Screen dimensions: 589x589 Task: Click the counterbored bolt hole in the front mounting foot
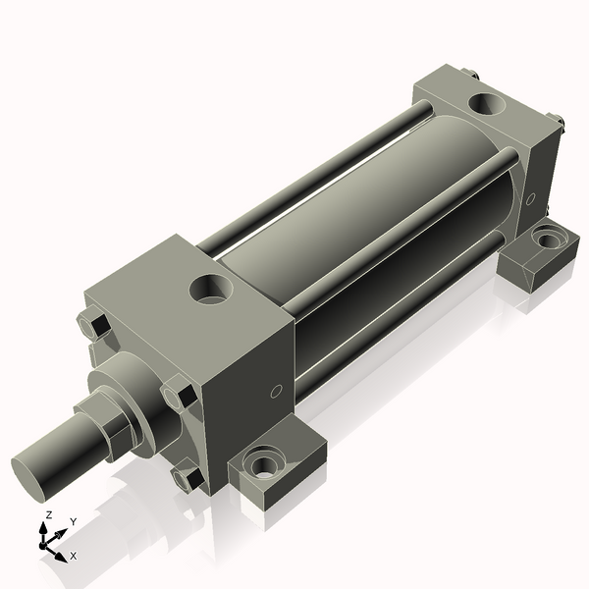(x=265, y=461)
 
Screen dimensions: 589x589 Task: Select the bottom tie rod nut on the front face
(x=187, y=477)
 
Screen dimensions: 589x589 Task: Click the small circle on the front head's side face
(x=276, y=392)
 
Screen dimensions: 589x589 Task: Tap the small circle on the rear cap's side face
(x=531, y=199)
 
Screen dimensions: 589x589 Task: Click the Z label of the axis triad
(x=48, y=514)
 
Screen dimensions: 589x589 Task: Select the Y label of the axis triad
(x=73, y=521)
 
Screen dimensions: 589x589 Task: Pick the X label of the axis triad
(x=74, y=556)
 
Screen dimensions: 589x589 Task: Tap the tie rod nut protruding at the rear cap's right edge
(x=560, y=123)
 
